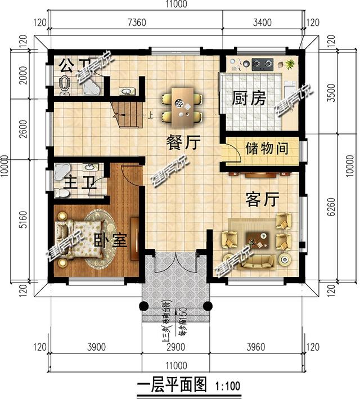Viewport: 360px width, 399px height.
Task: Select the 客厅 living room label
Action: click(263, 199)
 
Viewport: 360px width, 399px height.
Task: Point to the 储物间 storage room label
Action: click(267, 149)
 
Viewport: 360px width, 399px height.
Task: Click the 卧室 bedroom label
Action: click(110, 240)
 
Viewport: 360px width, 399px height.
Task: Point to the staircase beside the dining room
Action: click(128, 115)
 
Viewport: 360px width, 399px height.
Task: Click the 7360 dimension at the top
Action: click(137, 23)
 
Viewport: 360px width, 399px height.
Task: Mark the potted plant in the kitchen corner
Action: click(290, 64)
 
